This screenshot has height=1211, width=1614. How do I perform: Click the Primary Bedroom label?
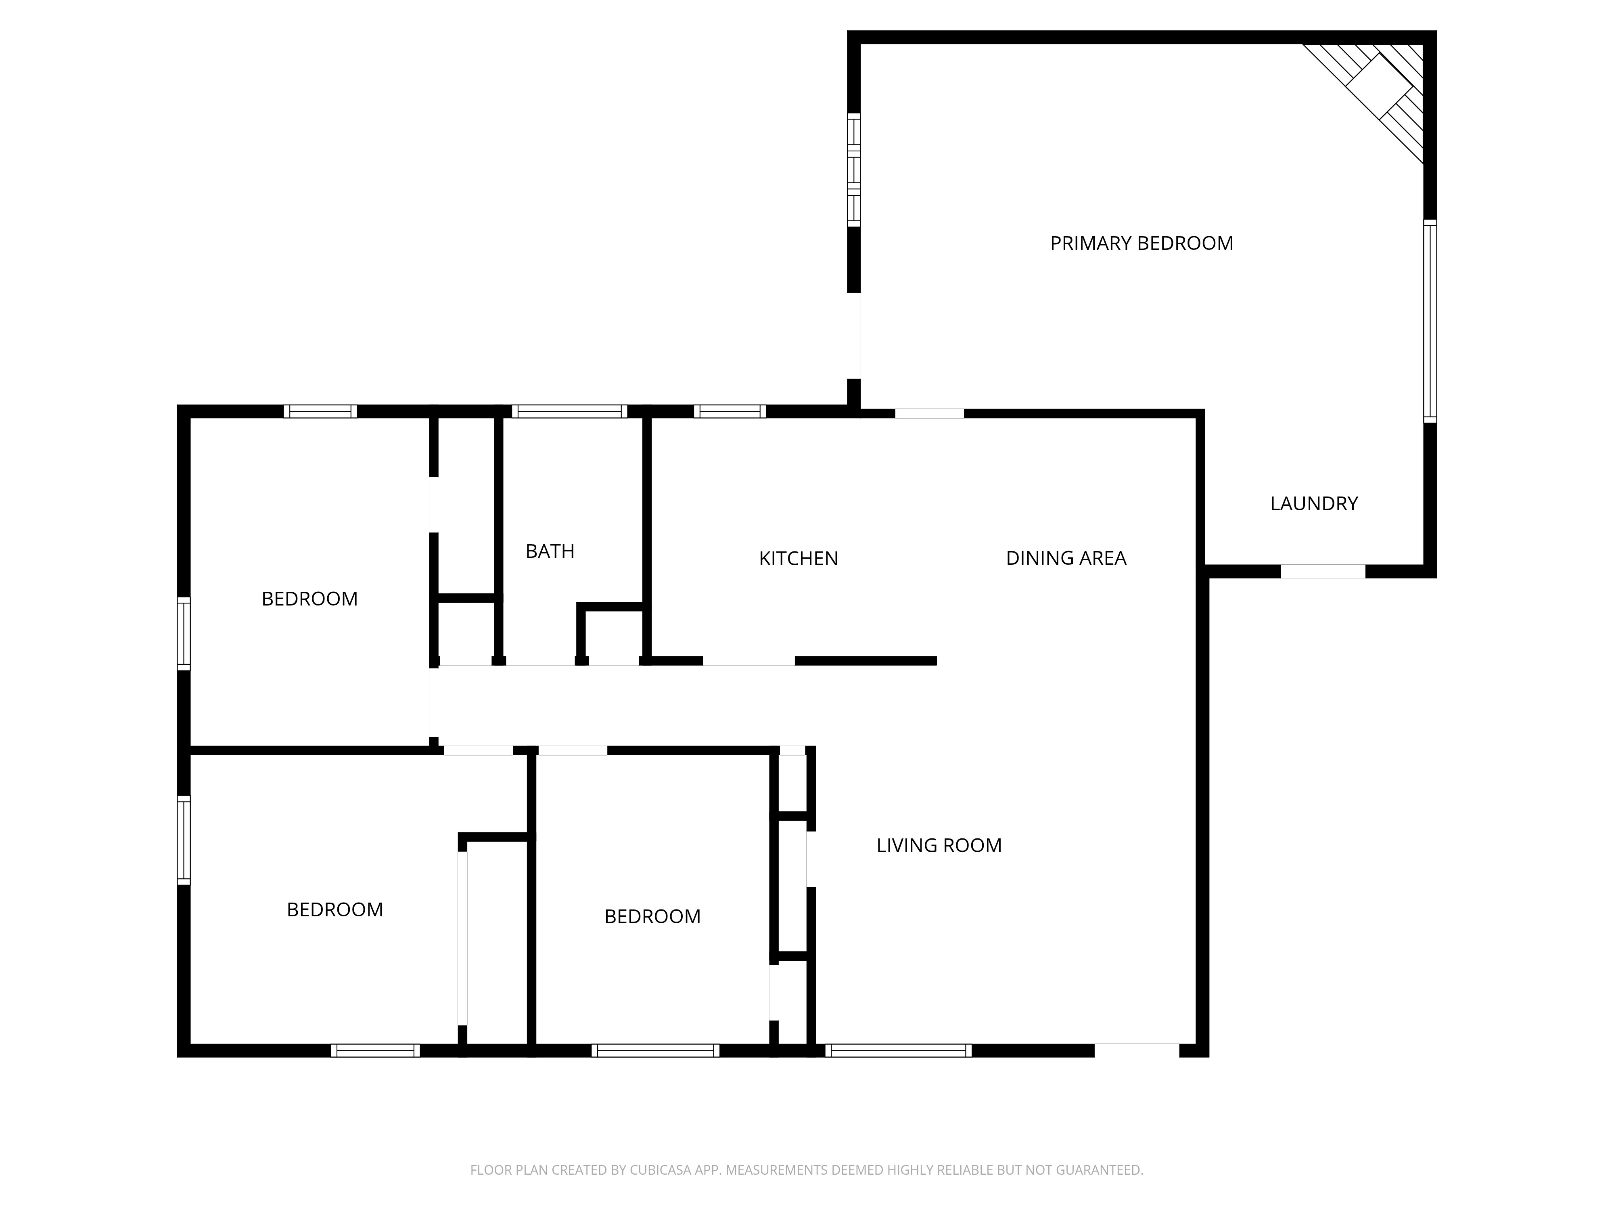click(1141, 243)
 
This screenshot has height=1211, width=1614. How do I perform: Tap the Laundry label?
click(1313, 504)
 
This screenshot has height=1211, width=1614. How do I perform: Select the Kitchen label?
click(798, 558)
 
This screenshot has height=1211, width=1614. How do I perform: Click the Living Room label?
click(938, 845)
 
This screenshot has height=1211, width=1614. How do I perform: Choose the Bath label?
click(550, 551)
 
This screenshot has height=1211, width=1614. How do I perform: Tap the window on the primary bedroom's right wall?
click(1430, 321)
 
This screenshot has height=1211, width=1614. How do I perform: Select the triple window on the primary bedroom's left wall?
click(853, 170)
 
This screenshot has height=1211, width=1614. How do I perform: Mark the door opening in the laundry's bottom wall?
click(1322, 572)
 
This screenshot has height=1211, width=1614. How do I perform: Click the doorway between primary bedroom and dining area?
click(929, 414)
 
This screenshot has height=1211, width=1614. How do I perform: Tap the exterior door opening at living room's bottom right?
click(1136, 1050)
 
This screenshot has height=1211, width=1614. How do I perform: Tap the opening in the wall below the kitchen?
click(748, 661)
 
